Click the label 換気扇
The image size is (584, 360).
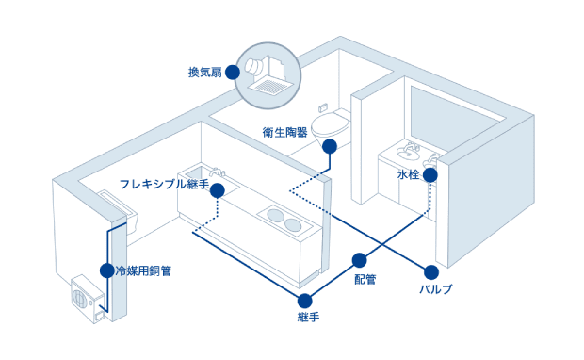(x=205, y=72)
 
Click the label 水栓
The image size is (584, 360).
(x=409, y=175)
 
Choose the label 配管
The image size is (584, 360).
(x=365, y=279)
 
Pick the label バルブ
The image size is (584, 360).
(x=435, y=288)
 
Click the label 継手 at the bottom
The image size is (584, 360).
(x=308, y=318)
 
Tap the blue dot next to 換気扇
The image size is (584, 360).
(x=233, y=72)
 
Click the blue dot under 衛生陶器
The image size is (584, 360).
(x=329, y=146)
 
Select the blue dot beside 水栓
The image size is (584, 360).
(x=430, y=175)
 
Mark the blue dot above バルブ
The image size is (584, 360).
(x=431, y=270)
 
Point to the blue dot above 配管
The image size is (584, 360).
(x=359, y=260)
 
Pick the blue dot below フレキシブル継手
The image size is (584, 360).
(x=218, y=190)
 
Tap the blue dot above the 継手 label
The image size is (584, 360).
(x=304, y=301)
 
